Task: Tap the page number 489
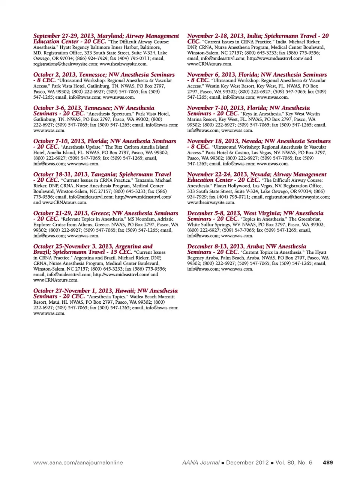point(327,462)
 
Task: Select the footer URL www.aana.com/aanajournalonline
point(78,462)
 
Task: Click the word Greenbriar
point(310,219)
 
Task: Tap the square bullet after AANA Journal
point(223,463)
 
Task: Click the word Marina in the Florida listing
point(195,119)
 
